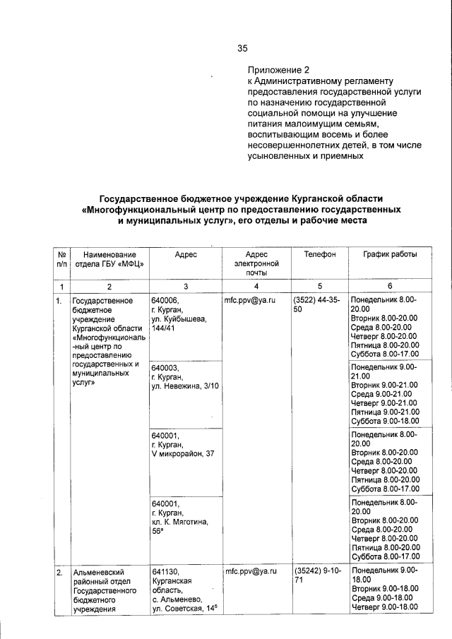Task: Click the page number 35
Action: pyautogui.click(x=242, y=48)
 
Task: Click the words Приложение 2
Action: pyautogui.click(x=278, y=70)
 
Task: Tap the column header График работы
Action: pyautogui.click(x=390, y=253)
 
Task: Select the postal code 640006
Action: pyautogui.click(x=165, y=300)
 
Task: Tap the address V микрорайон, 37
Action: pyautogui.click(x=182, y=453)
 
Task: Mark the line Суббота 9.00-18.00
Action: pyautogui.click(x=385, y=421)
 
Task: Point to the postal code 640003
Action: pyautogui.click(x=165, y=368)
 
